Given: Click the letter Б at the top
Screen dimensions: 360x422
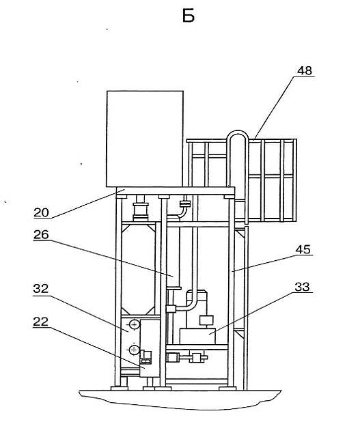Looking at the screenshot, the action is pos(189,16).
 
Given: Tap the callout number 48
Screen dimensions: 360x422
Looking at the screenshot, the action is pos(305,70).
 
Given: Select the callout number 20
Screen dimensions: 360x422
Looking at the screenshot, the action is pos(41,212).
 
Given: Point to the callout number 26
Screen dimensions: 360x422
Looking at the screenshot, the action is pos(41,235).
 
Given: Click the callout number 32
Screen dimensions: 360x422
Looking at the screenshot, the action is pos(41,289).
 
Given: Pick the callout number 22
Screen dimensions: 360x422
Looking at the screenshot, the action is pos(41,322).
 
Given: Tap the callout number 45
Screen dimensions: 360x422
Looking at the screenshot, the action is pos(303,249).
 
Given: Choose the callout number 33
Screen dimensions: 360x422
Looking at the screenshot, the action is pos(302,287).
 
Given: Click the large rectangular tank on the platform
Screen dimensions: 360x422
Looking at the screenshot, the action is pos(145,139).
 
